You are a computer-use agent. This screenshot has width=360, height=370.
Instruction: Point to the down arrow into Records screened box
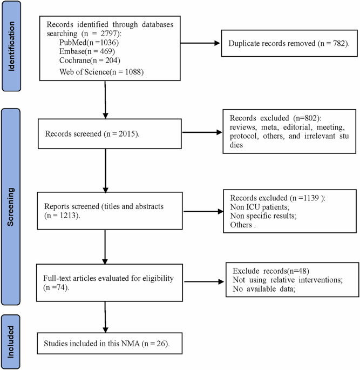105,106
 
